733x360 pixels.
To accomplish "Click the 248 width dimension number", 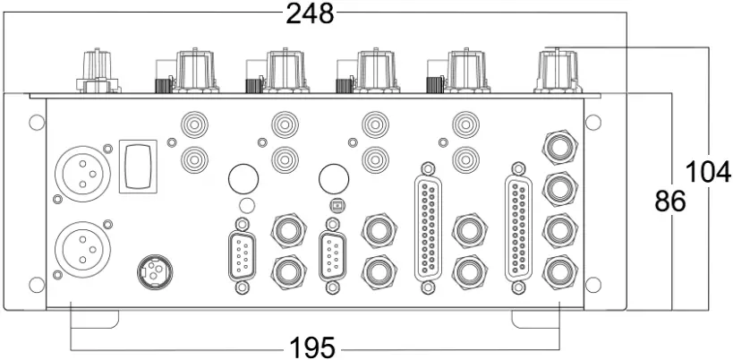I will pos(310,13).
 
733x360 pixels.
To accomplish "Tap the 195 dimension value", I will pos(311,347).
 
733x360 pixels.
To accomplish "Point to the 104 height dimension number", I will pos(708,171).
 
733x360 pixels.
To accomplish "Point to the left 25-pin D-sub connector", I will pos(429,227).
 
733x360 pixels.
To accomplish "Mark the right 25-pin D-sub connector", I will pos(518,227).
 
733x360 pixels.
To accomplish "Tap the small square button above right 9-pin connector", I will pos(336,205).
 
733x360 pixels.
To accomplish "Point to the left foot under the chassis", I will pos(95,318).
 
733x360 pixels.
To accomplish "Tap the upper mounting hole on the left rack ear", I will pos(34,122).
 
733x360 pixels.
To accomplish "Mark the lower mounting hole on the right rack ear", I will pos(592,284).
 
